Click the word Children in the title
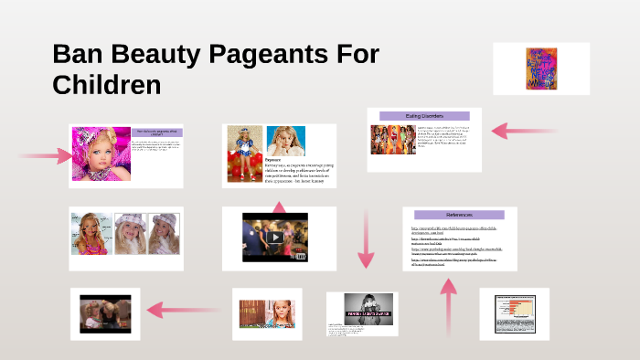point(106,85)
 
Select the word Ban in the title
point(79,55)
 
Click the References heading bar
point(459,215)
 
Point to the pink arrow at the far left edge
point(37,155)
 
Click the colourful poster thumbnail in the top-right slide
point(541,69)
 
